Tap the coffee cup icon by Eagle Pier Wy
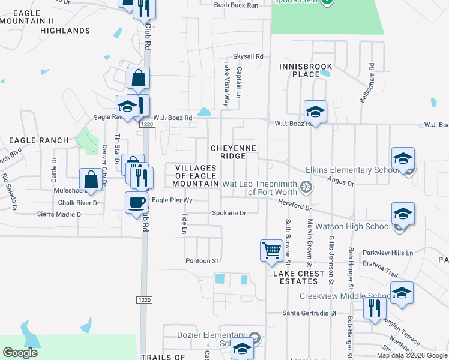[136, 201]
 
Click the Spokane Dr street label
[229, 213]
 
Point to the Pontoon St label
[202, 260]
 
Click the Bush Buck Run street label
[236, 5]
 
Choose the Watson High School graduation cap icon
[402, 213]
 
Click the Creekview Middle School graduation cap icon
[402, 292]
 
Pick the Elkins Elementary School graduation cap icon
[403, 158]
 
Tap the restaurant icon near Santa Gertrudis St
[374, 308]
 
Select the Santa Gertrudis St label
[310, 313]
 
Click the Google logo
[20, 353]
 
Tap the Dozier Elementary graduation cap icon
[242, 348]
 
